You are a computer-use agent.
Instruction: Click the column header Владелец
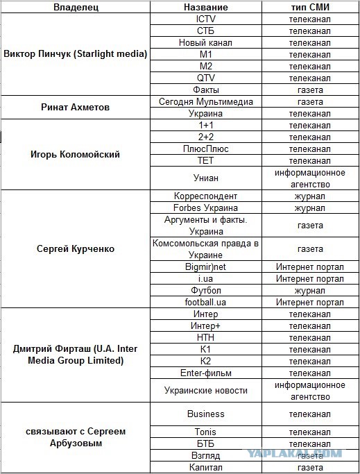pos(76,7)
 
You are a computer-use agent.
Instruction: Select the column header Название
pos(205,7)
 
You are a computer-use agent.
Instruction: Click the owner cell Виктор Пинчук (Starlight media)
pos(76,54)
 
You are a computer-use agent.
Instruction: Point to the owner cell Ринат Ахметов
pos(76,107)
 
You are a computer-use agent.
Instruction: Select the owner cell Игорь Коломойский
pos(76,154)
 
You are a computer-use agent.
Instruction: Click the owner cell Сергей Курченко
pos(76,248)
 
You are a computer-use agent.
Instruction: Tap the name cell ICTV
pos(205,19)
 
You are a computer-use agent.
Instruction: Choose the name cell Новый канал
pos(205,42)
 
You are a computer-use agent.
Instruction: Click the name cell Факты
pos(205,90)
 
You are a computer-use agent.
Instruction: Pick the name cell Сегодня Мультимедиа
pos(205,101)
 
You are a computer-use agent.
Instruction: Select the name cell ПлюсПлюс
pos(205,149)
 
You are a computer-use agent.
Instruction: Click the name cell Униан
pos(205,178)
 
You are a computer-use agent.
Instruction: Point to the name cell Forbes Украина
pos(205,208)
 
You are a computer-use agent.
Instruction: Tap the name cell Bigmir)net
pos(205,266)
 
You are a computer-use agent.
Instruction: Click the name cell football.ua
pos(205,302)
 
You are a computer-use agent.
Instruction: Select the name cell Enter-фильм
pos(205,373)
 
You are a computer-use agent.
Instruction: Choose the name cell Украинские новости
pos(205,391)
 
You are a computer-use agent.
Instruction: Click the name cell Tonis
pos(205,432)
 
